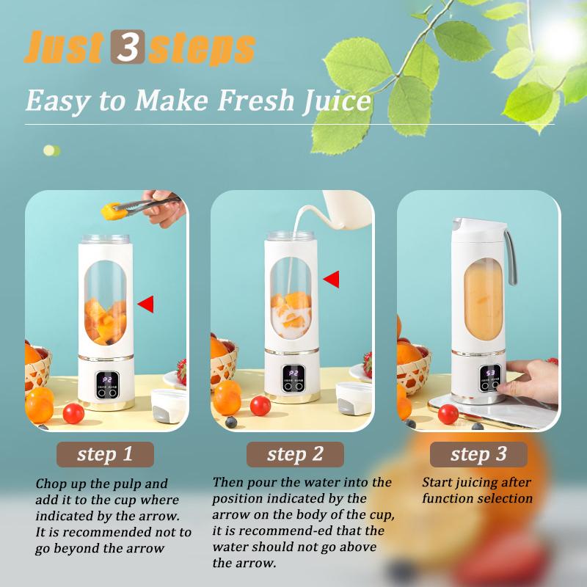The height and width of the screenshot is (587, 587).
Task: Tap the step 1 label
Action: (106, 454)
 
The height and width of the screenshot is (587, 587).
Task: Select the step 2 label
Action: (295, 454)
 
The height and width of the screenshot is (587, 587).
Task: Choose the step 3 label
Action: (478, 454)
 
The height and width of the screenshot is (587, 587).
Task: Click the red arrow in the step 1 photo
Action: (146, 304)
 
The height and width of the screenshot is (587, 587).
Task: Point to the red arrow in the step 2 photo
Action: (332, 279)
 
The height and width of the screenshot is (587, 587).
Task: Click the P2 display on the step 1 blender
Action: (107, 380)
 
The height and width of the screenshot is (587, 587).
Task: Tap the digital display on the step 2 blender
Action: (293, 373)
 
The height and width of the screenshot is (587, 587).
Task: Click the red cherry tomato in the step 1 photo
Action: (73, 413)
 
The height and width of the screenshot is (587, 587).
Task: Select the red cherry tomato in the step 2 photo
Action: (260, 405)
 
